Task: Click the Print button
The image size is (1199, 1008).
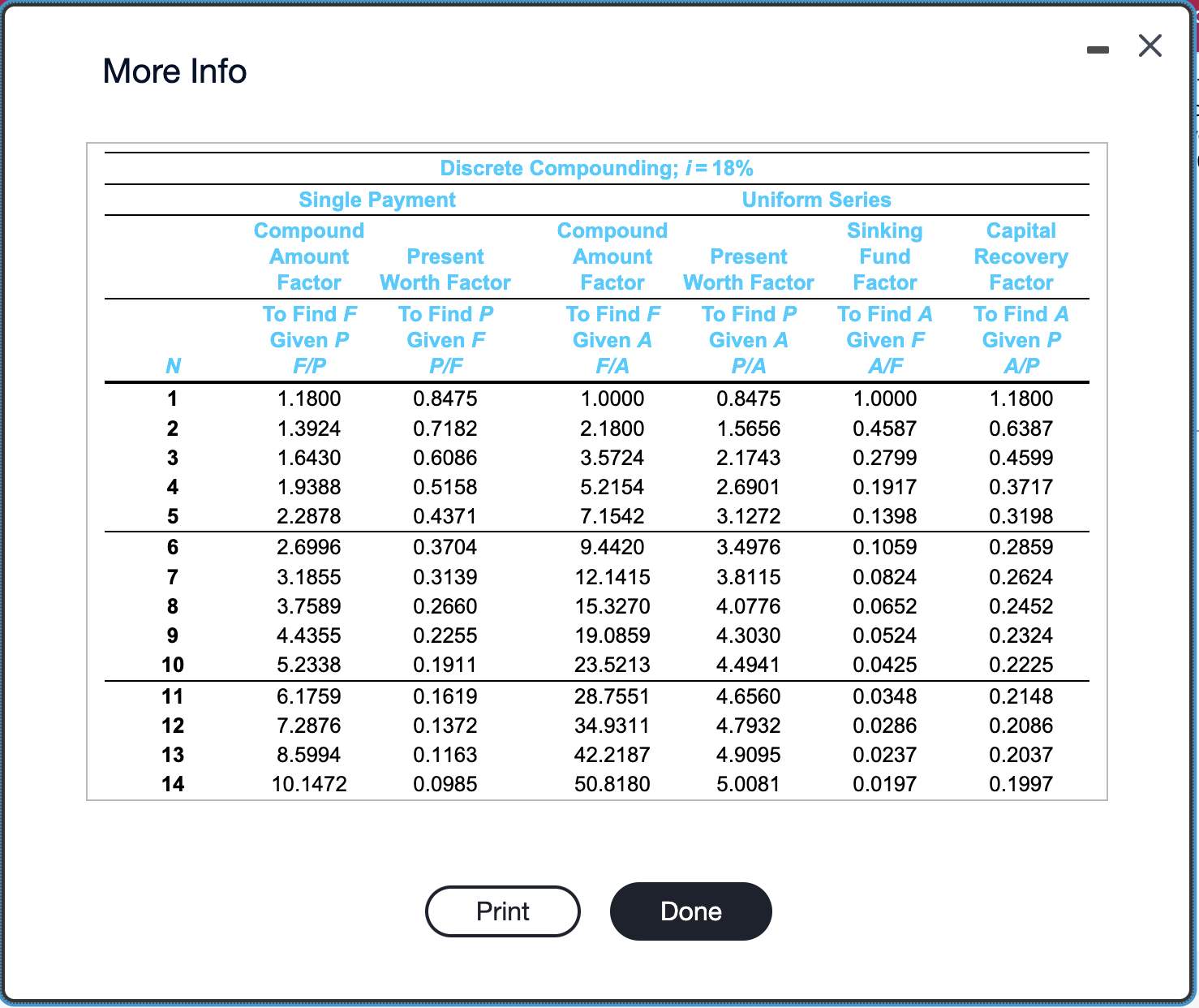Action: [503, 911]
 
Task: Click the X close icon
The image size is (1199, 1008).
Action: [1150, 45]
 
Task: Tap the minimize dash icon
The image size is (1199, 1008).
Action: [1098, 50]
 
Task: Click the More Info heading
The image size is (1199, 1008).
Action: [174, 71]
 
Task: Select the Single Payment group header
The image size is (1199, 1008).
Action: [377, 200]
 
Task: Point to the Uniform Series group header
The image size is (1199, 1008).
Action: [816, 200]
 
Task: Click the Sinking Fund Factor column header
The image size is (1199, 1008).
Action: [885, 256]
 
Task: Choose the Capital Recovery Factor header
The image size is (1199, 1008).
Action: [1021, 256]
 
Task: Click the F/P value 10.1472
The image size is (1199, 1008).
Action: [309, 784]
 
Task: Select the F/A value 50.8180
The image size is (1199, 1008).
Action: [612, 784]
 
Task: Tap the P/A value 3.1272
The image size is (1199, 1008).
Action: [748, 516]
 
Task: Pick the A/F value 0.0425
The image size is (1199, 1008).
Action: [884, 665]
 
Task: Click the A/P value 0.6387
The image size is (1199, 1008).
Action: [1021, 429]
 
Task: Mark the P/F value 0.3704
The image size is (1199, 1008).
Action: [445, 547]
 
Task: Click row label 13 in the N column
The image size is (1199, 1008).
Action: [173, 755]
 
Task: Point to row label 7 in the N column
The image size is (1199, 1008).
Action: [173, 577]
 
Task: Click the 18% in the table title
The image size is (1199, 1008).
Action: [733, 168]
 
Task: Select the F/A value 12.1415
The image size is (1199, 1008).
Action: [612, 577]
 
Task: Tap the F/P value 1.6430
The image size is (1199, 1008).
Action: [309, 458]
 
